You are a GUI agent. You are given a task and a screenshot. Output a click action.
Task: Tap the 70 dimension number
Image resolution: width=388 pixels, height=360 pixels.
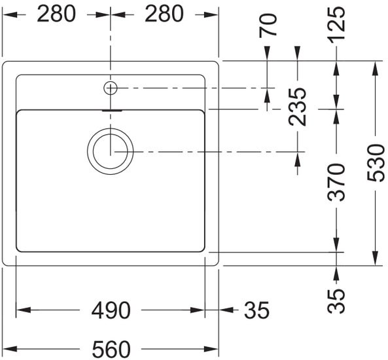pyautogui.click(x=269, y=25)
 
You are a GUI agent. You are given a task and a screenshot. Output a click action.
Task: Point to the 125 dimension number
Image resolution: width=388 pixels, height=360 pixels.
pyautogui.click(x=337, y=25)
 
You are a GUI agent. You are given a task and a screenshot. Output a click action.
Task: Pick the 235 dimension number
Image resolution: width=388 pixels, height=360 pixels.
pyautogui.click(x=298, y=106)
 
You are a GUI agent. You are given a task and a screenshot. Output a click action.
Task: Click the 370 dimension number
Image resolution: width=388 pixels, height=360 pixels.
pyautogui.click(x=337, y=183)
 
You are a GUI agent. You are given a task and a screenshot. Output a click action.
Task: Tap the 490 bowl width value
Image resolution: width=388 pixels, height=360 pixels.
pyautogui.click(x=109, y=310)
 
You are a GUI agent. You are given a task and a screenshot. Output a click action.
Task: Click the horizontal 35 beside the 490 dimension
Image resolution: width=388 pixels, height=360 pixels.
pyautogui.click(x=256, y=310)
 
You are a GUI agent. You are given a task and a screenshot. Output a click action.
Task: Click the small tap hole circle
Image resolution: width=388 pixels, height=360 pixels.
pyautogui.click(x=110, y=87)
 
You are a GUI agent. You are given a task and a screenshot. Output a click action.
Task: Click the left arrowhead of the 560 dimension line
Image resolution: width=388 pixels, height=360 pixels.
pyautogui.click(x=8, y=348)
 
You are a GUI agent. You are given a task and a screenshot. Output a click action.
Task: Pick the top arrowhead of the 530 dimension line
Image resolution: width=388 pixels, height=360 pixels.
pyautogui.click(x=376, y=66)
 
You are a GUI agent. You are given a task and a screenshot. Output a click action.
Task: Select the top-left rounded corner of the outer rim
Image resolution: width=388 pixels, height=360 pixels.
pyautogui.click(x=8, y=65)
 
